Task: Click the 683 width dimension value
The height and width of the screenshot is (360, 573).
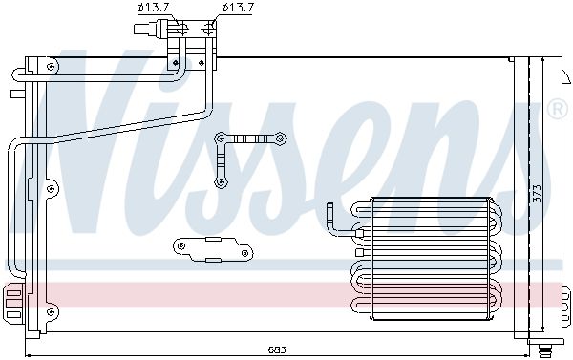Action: click(x=277, y=349)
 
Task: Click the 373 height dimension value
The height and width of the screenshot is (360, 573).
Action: click(x=537, y=193)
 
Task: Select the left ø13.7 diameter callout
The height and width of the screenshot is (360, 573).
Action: click(x=154, y=8)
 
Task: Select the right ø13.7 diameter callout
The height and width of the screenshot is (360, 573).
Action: click(x=238, y=8)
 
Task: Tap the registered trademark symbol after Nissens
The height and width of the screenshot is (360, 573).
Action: click(x=558, y=109)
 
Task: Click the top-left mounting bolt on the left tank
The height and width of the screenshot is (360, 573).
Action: click(x=51, y=67)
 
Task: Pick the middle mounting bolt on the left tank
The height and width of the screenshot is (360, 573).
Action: click(x=51, y=188)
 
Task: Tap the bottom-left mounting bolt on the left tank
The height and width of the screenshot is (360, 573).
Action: click(x=51, y=311)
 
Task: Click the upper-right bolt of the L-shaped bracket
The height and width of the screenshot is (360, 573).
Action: click(x=280, y=138)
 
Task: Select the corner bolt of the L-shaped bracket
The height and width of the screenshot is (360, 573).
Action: click(x=220, y=138)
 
